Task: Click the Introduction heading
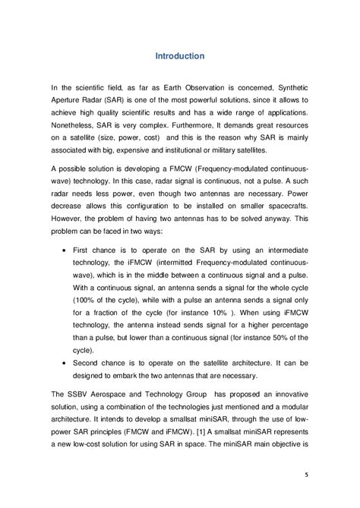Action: pyautogui.click(x=179, y=56)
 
